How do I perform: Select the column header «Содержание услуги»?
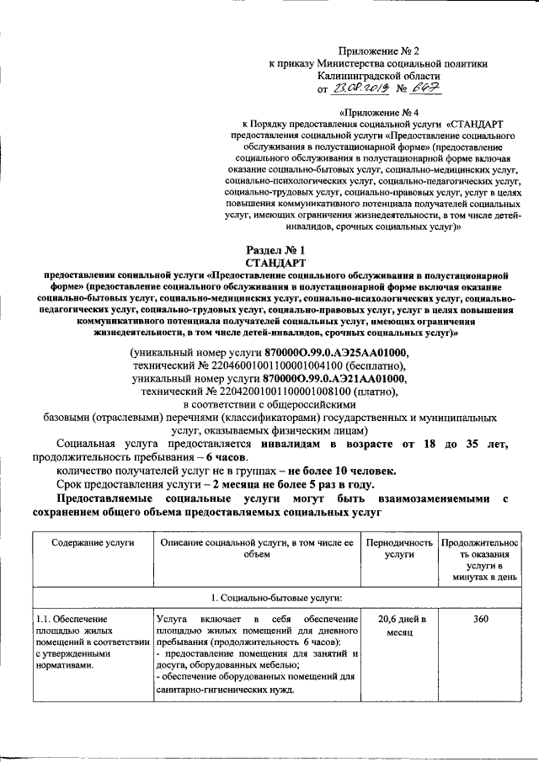click(x=92, y=544)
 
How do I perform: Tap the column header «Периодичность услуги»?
click(x=399, y=549)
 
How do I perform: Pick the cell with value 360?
click(x=480, y=620)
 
